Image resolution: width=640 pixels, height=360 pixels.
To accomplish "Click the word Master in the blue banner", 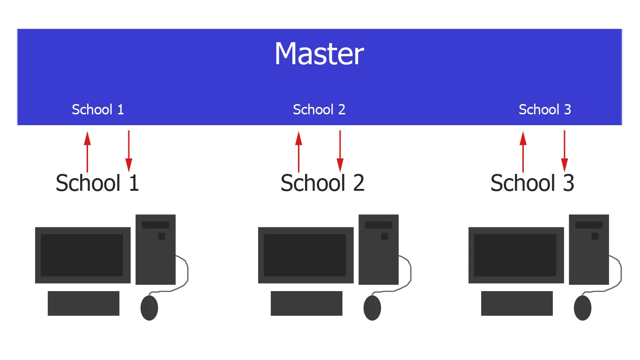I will [x=319, y=54].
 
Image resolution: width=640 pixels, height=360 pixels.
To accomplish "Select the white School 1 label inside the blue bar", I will [x=97, y=110].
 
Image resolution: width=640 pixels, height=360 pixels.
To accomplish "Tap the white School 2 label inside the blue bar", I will [x=319, y=110].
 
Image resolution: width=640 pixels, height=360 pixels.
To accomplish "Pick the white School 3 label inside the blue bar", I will [x=545, y=110].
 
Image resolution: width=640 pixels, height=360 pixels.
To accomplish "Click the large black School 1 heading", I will [x=97, y=183].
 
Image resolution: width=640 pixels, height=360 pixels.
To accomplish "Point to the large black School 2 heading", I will [x=322, y=183].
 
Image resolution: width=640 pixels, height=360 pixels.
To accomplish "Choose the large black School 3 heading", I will [x=532, y=183].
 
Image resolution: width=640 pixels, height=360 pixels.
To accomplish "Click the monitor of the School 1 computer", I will [x=82, y=255].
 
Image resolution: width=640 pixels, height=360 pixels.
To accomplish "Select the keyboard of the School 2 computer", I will [x=306, y=303].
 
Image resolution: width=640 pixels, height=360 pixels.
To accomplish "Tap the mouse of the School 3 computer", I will [x=582, y=308].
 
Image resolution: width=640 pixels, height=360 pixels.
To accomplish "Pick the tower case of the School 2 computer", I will [x=379, y=249].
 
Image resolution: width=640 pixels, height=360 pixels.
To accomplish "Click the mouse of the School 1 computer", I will [x=149, y=308].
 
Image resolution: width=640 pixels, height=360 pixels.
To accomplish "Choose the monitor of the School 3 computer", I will [x=516, y=255].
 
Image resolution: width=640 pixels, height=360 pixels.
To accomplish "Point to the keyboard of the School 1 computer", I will [x=83, y=303].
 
